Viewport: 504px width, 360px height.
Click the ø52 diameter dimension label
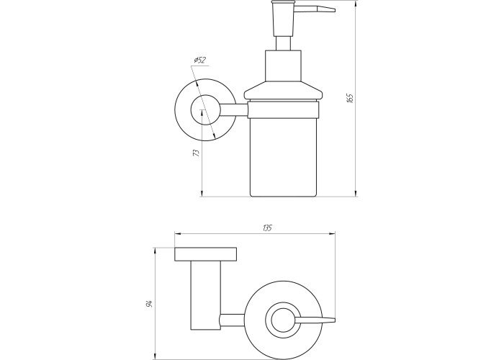click(x=199, y=60)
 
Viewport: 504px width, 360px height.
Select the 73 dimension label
click(x=196, y=153)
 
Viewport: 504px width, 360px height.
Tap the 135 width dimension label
click(x=267, y=228)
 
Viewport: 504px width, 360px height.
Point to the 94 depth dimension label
click(x=149, y=303)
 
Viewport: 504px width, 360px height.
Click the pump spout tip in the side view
click(x=334, y=10)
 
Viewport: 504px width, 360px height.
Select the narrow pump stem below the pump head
click(x=283, y=43)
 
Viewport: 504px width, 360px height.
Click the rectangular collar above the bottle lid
click(x=283, y=66)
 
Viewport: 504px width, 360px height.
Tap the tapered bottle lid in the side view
click(x=283, y=91)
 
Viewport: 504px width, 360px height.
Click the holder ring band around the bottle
click(x=283, y=110)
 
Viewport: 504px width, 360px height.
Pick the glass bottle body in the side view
click(x=283, y=157)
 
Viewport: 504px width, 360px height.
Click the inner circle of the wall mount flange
click(x=192, y=109)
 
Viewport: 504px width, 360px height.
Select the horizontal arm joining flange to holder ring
click(x=234, y=109)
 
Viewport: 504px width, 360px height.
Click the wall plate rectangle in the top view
click(x=206, y=254)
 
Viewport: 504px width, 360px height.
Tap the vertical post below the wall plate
click(x=206, y=295)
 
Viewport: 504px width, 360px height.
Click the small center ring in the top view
click(x=271, y=320)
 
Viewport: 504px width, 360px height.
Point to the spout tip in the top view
click(x=334, y=320)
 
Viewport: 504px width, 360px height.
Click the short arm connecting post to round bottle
click(x=232, y=320)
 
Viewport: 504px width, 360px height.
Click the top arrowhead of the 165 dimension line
click(x=356, y=3)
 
